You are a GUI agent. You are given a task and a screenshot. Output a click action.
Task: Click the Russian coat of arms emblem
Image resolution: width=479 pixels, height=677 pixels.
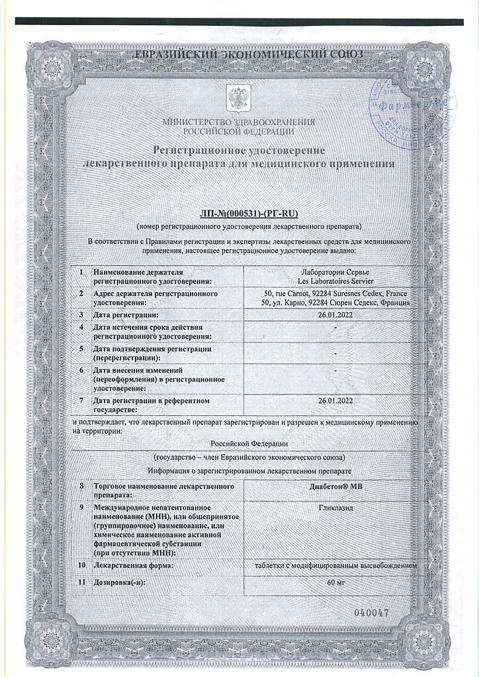click(x=235, y=98)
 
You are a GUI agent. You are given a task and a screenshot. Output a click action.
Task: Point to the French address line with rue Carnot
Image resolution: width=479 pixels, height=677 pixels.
click(x=335, y=293)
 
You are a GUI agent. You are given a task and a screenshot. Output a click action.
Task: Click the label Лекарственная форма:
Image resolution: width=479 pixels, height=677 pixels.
click(x=134, y=566)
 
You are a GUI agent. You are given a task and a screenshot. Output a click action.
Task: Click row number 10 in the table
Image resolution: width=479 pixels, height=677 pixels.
click(x=81, y=566)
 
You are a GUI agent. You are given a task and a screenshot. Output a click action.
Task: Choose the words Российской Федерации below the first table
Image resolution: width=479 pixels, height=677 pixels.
click(x=249, y=443)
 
